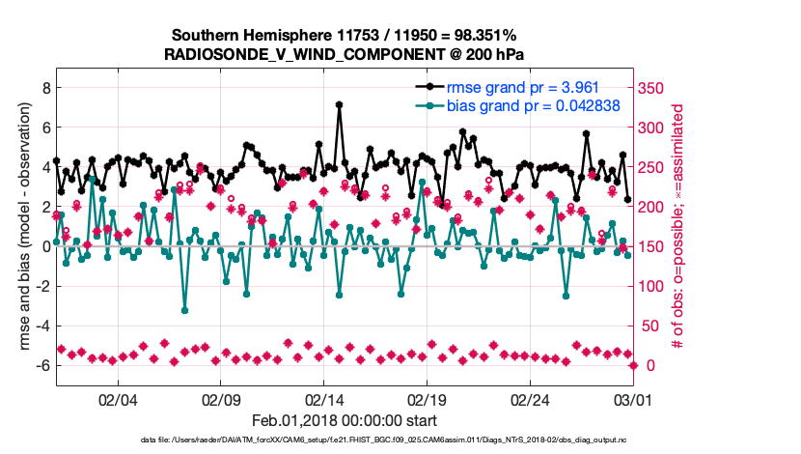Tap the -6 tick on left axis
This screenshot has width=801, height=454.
pos(41,365)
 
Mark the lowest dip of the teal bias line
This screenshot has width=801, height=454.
pos(184,309)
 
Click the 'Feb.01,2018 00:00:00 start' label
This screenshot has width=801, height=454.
pos(344,420)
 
